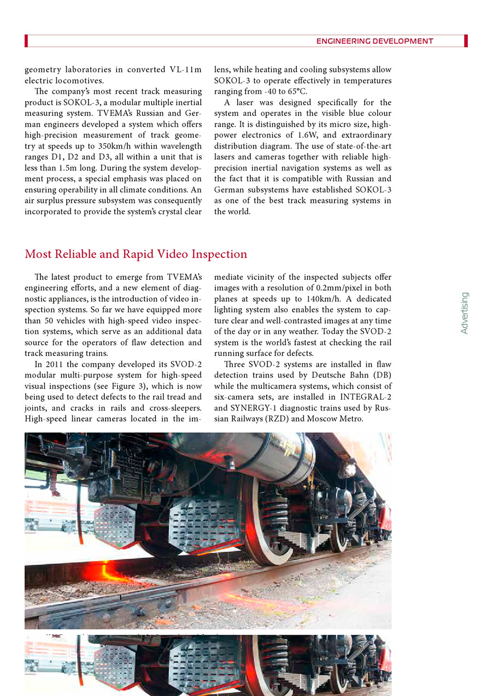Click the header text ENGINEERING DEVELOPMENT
pyautogui.click(x=374, y=41)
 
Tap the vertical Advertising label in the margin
pyautogui.click(x=464, y=313)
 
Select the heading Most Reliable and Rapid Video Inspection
pyautogui.click(x=136, y=254)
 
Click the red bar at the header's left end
pyautogui.click(x=26, y=41)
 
